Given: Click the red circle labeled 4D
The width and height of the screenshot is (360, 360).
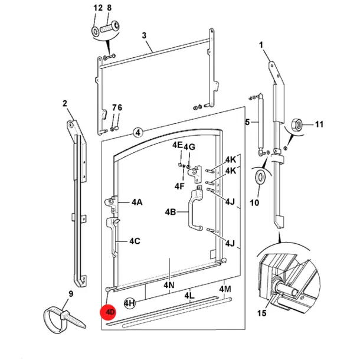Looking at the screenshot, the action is [x=108, y=312].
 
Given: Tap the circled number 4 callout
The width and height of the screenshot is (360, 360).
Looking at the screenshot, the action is [x=138, y=132].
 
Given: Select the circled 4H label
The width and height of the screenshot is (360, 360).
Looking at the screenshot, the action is [x=129, y=303].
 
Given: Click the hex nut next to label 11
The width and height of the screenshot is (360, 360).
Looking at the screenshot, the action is [x=297, y=125].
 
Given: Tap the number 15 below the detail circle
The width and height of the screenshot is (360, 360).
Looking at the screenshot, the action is [x=261, y=313].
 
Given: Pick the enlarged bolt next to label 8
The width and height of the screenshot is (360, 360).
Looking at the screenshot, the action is [x=110, y=27].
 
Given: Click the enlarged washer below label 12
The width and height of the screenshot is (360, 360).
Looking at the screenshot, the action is [x=95, y=31].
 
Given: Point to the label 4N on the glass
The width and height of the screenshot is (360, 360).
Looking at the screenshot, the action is [x=169, y=285].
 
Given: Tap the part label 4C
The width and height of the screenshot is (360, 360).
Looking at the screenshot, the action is [x=135, y=241].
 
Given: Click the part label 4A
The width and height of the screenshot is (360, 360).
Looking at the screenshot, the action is [x=137, y=202].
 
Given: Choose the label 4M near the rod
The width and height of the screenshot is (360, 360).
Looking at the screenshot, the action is [x=225, y=289].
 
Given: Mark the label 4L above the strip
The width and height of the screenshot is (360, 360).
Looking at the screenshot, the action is [x=189, y=296].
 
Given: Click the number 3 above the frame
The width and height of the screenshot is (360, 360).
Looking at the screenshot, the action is [x=144, y=35].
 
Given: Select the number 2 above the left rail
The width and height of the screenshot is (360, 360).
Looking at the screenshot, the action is [x=65, y=103].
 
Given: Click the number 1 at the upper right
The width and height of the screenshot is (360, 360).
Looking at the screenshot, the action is [x=261, y=45].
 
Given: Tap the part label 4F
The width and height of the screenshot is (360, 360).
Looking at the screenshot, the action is [x=179, y=186].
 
